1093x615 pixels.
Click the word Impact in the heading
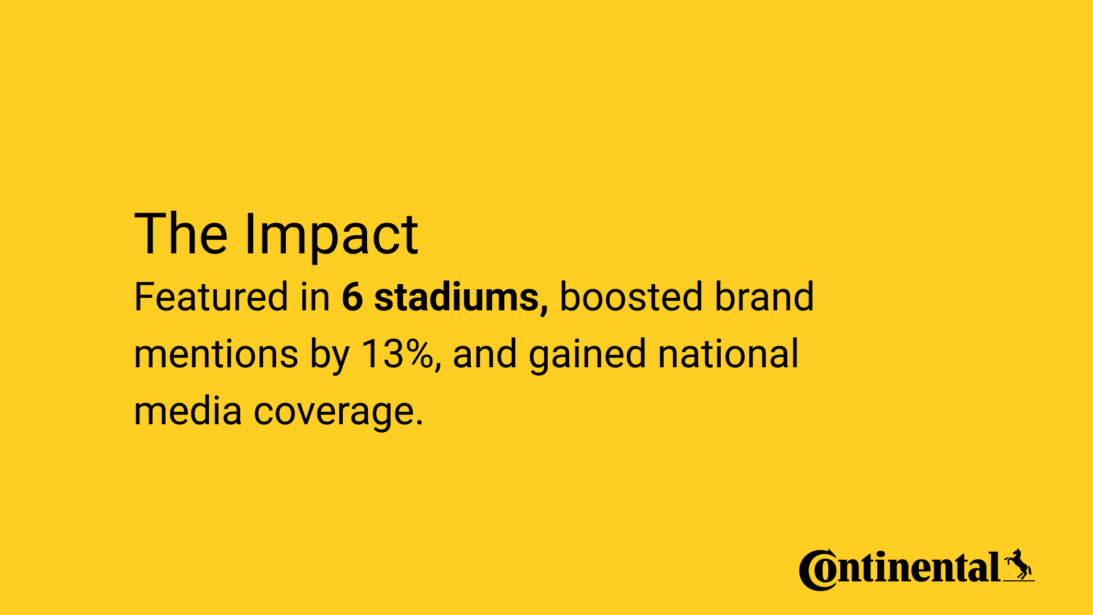point(331,235)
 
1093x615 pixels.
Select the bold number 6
point(352,297)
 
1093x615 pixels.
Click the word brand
point(765,297)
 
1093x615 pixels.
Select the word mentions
point(216,354)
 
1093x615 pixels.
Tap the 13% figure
point(397,354)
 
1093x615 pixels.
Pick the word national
point(729,354)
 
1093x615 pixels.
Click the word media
point(188,411)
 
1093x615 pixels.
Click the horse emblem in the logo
point(1018,565)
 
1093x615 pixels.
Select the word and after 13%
point(484,354)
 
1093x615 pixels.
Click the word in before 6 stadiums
point(315,297)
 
